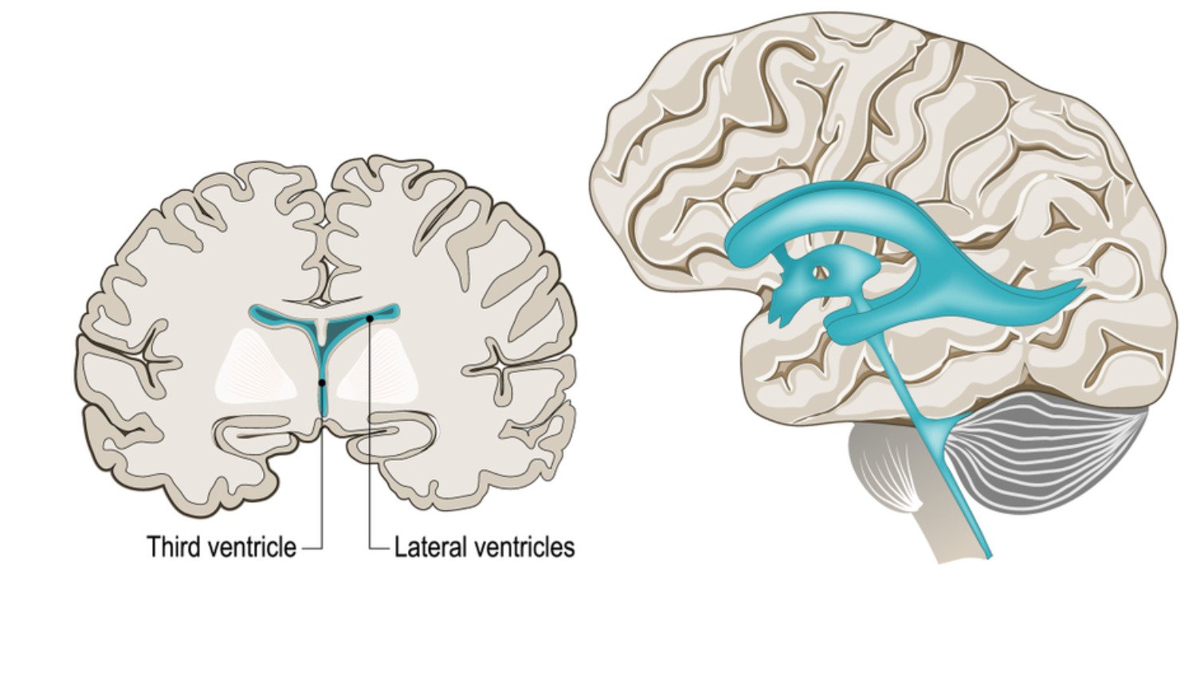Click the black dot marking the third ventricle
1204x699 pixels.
[321, 383]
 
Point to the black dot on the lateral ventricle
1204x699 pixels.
[370, 319]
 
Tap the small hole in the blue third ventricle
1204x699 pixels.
[820, 273]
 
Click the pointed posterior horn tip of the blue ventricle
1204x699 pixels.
[1081, 281]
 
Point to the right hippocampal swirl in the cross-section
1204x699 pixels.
[391, 435]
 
